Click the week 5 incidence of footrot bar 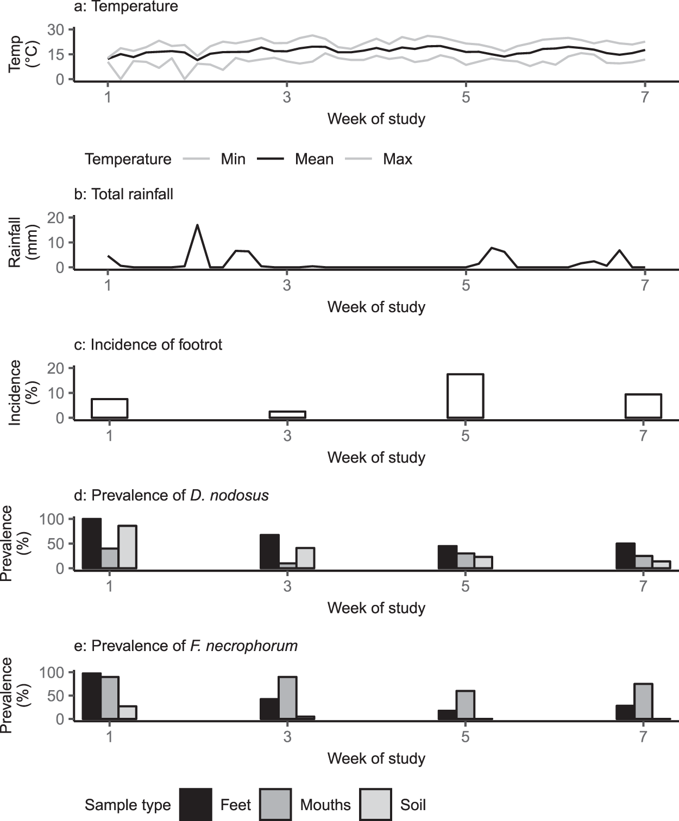point(465,396)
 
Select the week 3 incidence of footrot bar point(287,414)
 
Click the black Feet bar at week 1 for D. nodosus point(91,544)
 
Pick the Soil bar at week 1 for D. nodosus point(127,547)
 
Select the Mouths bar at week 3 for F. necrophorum point(287,698)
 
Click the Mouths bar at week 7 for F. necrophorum point(643,702)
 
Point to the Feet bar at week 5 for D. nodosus point(447,557)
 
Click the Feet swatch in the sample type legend point(196,804)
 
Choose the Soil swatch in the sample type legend point(375,804)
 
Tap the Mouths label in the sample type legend point(325,805)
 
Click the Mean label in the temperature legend point(314,159)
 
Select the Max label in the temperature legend point(398,159)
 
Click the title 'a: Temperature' point(126,7)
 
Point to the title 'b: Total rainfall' point(124,194)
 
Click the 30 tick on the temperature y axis point(55,30)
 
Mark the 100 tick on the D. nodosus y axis point(52,519)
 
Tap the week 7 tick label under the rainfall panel point(644,285)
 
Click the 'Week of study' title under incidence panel point(376,457)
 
